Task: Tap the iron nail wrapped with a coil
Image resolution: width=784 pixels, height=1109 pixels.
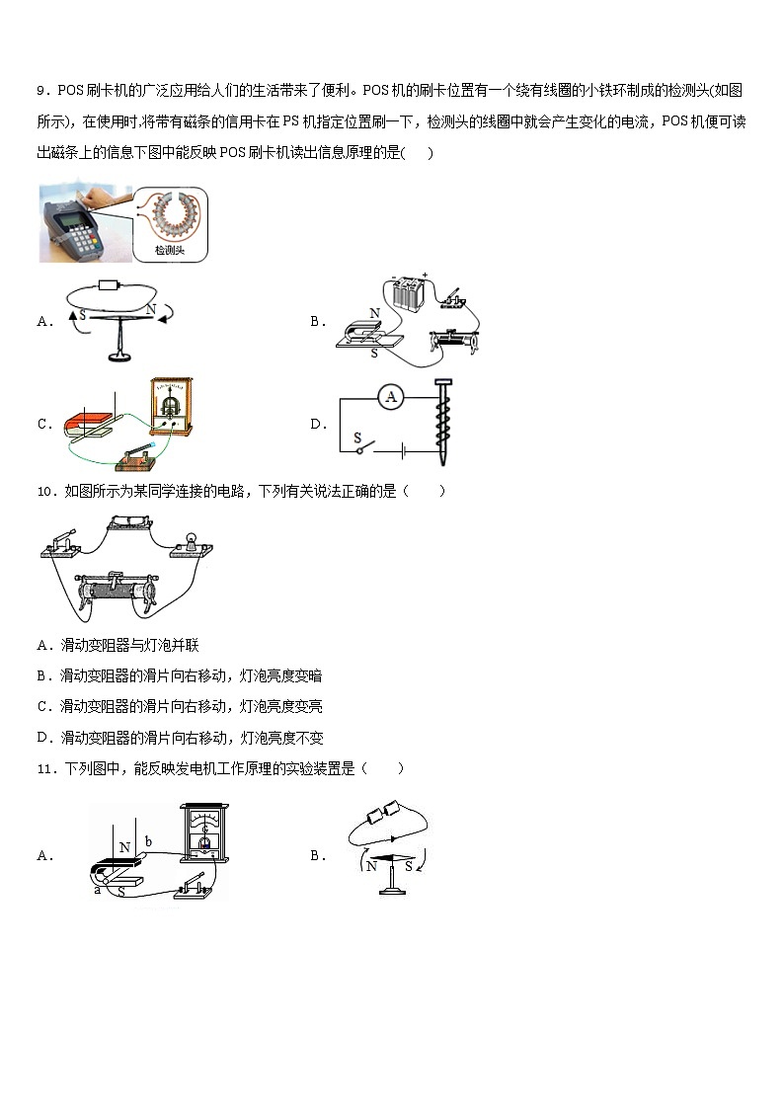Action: point(442,422)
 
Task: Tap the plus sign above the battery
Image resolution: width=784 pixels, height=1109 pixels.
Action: point(425,277)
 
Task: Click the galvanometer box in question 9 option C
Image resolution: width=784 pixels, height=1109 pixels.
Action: point(174,405)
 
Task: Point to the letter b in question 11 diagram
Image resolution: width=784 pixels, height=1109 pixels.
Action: point(148,841)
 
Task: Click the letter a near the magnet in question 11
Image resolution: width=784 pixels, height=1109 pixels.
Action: point(97,890)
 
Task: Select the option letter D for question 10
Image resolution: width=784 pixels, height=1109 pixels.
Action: point(43,738)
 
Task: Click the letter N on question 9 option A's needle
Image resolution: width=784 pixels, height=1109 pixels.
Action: point(151,309)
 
